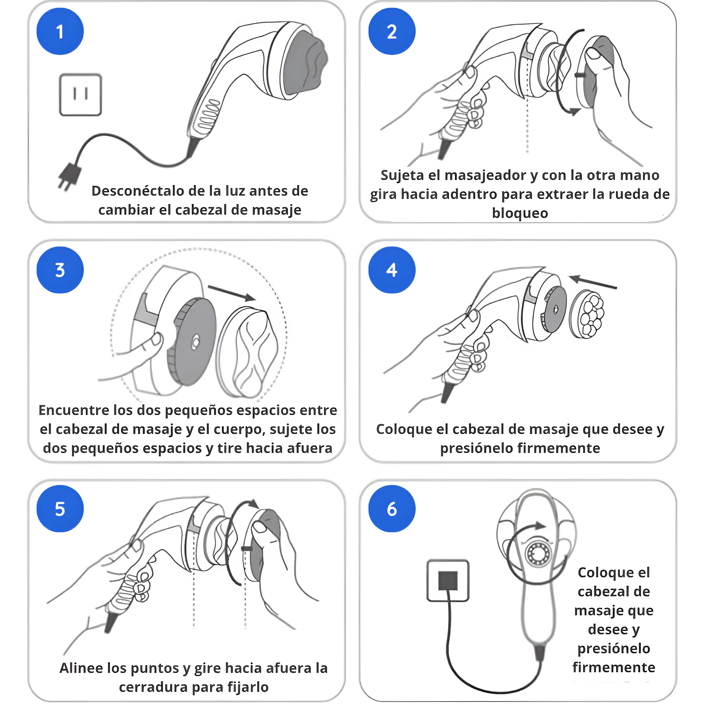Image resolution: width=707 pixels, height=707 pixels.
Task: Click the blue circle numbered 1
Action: tap(60, 31)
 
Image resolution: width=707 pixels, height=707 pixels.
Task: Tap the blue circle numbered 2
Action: tap(392, 31)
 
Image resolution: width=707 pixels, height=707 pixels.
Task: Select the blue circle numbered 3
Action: tap(60, 270)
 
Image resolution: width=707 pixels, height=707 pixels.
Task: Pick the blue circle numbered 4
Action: tap(392, 270)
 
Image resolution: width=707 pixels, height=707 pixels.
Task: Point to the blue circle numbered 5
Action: tap(60, 509)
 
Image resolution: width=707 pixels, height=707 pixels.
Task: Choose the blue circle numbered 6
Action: tap(392, 509)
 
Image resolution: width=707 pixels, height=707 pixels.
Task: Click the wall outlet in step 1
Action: tap(81, 95)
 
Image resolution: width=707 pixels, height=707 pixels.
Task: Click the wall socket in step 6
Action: tap(448, 580)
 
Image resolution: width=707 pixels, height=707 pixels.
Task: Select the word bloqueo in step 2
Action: tap(520, 213)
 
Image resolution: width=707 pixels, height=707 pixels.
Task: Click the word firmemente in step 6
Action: tap(614, 667)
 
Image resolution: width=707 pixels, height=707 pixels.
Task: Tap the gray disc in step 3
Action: tap(192, 341)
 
